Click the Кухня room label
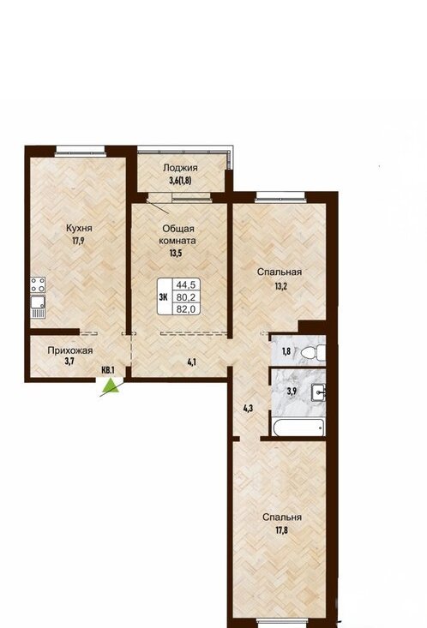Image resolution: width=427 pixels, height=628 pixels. click(x=79, y=228)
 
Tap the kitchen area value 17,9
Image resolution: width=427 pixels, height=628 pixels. click(x=79, y=241)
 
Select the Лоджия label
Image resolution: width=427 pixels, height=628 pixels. click(x=180, y=168)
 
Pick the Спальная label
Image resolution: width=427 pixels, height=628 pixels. click(x=280, y=272)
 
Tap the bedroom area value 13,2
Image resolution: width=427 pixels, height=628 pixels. click(x=280, y=285)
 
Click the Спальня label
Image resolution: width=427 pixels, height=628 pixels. click(x=282, y=517)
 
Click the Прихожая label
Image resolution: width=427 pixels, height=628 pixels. click(x=70, y=350)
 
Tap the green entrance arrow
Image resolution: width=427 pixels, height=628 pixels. click(x=111, y=386)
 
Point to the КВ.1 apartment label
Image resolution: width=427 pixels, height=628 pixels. click(x=108, y=370)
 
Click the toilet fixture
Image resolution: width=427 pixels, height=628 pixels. click(x=314, y=352)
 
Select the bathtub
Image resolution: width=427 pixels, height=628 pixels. click(x=298, y=428)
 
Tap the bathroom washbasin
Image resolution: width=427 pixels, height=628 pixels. click(x=318, y=393)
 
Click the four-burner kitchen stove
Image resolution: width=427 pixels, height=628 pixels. click(x=38, y=284)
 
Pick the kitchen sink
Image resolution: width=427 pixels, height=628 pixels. click(x=38, y=307)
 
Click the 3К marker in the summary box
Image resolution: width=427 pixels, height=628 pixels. click(x=164, y=296)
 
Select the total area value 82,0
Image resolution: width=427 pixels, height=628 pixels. click(x=186, y=308)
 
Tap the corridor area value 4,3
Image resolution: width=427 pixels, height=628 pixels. click(x=248, y=409)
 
